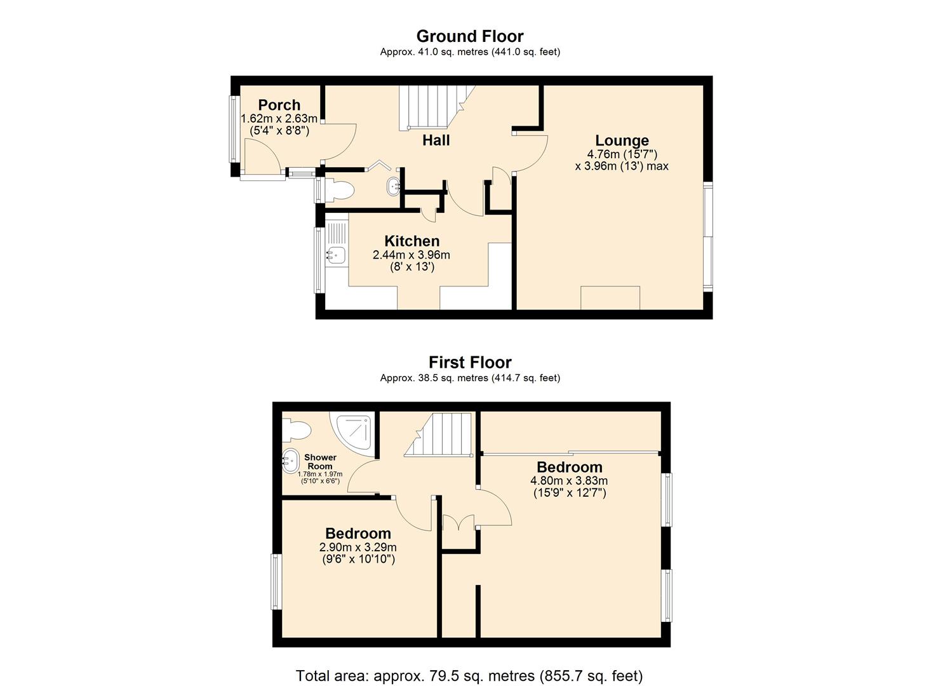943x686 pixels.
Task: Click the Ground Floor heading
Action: pyautogui.click(x=470, y=36)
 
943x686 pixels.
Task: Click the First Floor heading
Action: pyautogui.click(x=470, y=362)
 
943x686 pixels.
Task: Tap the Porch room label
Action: pyautogui.click(x=279, y=105)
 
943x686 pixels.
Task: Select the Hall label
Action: pyautogui.click(x=436, y=140)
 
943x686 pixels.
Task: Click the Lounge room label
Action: pyautogui.click(x=622, y=140)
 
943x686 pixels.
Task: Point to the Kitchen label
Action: pyautogui.click(x=411, y=241)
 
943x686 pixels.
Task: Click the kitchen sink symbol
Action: pyautogui.click(x=337, y=255)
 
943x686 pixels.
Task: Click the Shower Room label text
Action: pyautogui.click(x=320, y=462)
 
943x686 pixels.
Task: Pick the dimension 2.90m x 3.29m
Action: pyautogui.click(x=358, y=548)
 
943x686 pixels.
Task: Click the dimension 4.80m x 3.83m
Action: pyautogui.click(x=569, y=481)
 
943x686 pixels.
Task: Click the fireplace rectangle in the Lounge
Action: pyautogui.click(x=610, y=298)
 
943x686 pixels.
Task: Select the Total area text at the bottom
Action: pyautogui.click(x=469, y=675)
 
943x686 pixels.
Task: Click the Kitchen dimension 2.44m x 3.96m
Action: pyautogui.click(x=411, y=255)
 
